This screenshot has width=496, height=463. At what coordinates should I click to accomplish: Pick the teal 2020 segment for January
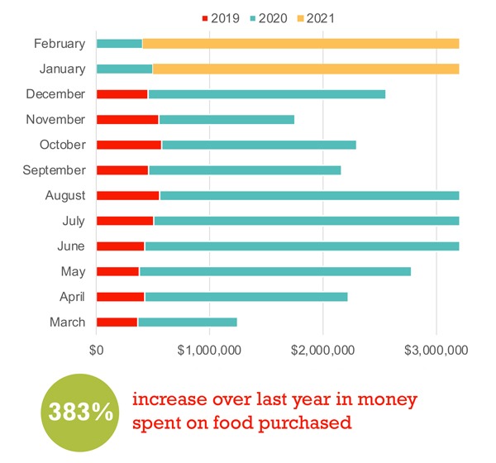(124, 69)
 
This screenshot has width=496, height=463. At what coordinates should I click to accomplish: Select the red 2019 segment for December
(122, 94)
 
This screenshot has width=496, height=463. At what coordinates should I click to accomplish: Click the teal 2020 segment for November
(226, 120)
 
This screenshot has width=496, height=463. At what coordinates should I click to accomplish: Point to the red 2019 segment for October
(129, 145)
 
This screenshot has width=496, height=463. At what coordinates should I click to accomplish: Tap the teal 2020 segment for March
(187, 322)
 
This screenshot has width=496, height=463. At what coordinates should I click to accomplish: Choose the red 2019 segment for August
(127, 196)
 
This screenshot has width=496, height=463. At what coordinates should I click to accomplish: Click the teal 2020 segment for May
(274, 271)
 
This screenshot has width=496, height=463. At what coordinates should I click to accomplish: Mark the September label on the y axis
(55, 170)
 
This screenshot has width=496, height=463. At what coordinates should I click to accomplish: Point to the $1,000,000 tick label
(208, 350)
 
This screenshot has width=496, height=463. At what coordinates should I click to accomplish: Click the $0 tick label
(97, 350)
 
